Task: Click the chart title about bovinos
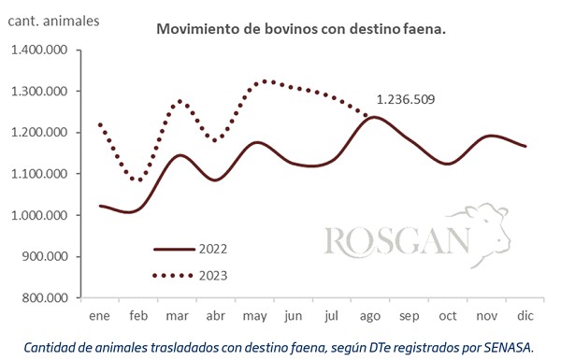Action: click(x=301, y=29)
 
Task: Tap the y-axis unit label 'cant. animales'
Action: click(x=53, y=21)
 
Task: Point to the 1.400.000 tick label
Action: click(x=39, y=50)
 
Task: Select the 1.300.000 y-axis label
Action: click(x=39, y=92)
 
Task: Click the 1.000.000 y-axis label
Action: click(x=39, y=215)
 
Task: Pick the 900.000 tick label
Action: click(x=45, y=256)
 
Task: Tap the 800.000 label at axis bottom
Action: click(x=45, y=298)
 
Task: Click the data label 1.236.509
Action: click(x=406, y=99)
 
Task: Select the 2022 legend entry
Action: click(x=191, y=249)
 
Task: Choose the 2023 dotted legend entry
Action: click(x=191, y=276)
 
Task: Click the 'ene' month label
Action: click(x=99, y=316)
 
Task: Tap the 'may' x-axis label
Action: click(x=254, y=317)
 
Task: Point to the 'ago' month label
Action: click(x=370, y=317)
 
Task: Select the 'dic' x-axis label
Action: click(x=525, y=315)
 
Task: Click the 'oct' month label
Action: click(x=448, y=316)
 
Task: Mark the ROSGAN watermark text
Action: click(x=396, y=241)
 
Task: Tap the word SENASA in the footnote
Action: click(x=508, y=347)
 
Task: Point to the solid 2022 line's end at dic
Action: click(x=525, y=146)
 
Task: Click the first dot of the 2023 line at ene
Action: click(x=100, y=125)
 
